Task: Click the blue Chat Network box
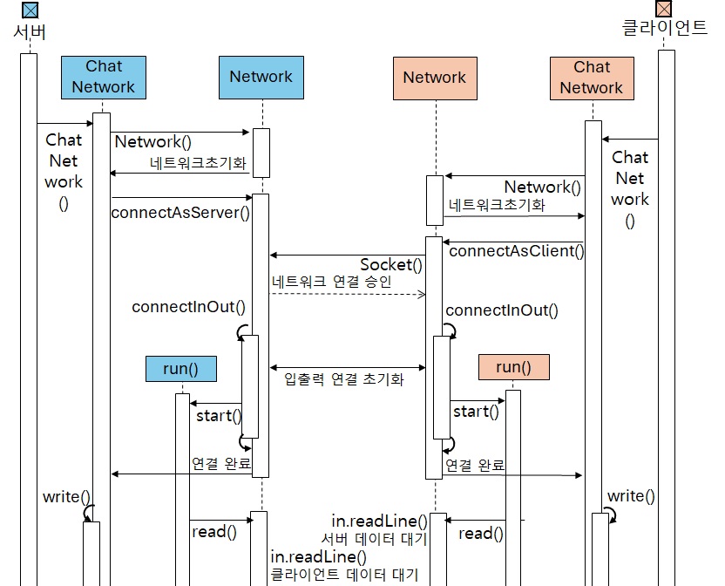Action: [x=104, y=76]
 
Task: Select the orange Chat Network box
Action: [x=592, y=77]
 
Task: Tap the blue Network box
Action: [x=261, y=77]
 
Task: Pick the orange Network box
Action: [x=434, y=78]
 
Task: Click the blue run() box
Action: [x=180, y=369]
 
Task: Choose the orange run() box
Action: [x=513, y=367]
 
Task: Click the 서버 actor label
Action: [x=30, y=32]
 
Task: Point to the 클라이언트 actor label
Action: [x=665, y=28]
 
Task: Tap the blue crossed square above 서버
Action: [x=30, y=10]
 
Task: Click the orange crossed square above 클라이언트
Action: [x=665, y=9]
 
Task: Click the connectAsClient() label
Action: [x=516, y=251]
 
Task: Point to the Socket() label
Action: [x=391, y=265]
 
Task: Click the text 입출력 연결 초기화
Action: [x=344, y=380]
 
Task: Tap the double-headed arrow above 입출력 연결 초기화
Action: [x=347, y=366]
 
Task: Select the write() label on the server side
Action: [x=66, y=497]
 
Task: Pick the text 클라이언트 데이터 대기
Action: [x=344, y=575]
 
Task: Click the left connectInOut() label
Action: [x=188, y=307]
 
